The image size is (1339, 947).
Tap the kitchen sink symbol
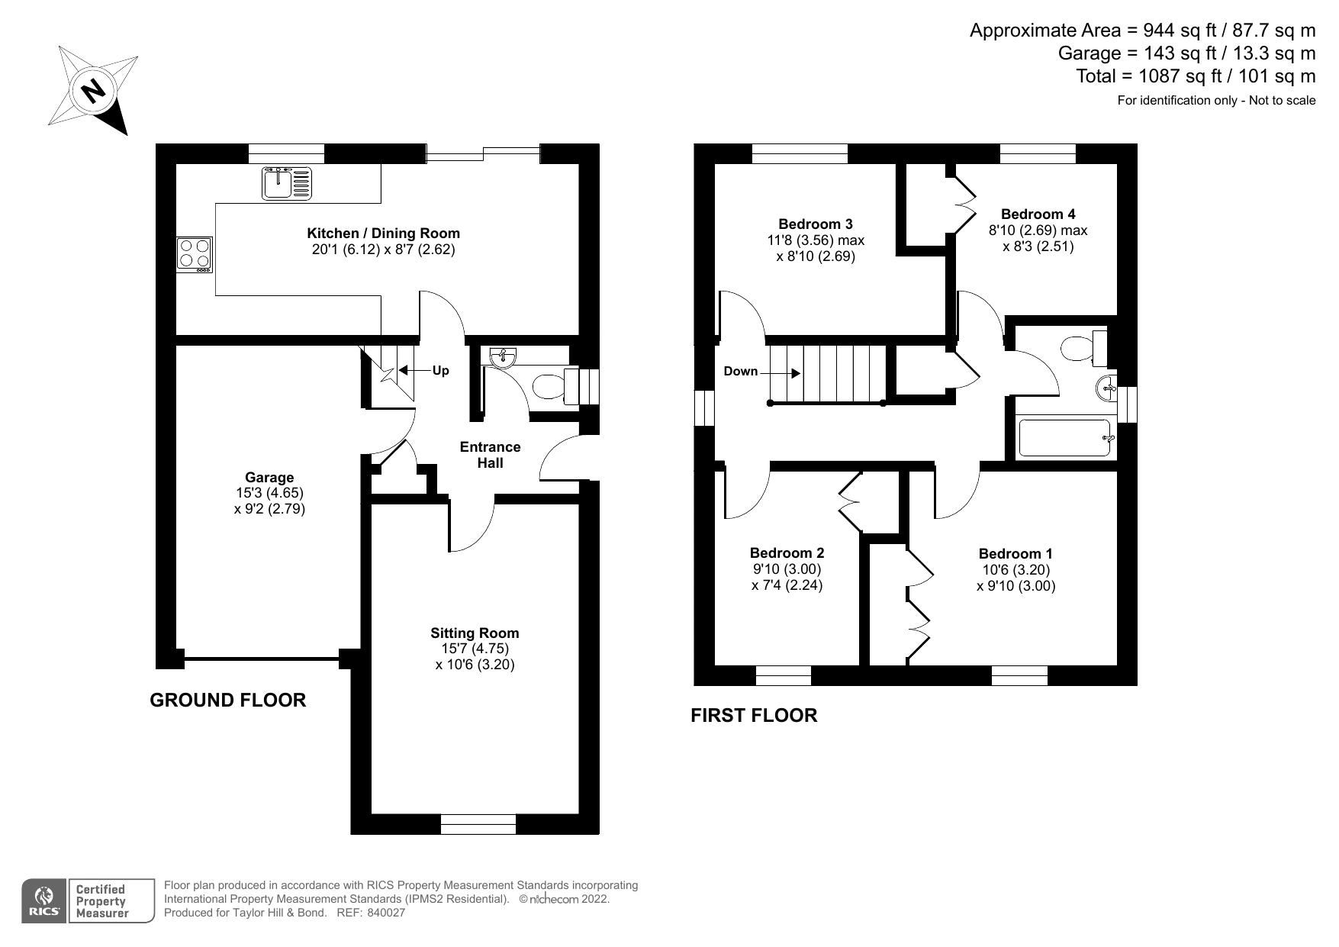coord(287,183)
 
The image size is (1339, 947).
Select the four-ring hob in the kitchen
coord(195,254)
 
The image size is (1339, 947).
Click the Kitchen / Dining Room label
coord(383,233)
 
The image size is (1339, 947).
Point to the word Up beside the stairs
coord(440,371)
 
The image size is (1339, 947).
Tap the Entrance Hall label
coord(490,455)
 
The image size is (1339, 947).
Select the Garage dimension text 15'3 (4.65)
coord(269,493)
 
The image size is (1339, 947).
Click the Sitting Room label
coord(474,633)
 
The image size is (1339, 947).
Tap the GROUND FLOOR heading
coord(227,700)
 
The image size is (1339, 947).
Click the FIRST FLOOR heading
coord(753,715)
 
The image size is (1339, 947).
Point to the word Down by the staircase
coord(740,372)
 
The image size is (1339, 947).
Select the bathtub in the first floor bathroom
coord(1064,438)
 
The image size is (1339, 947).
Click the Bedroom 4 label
coord(1038,214)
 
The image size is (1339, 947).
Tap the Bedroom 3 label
coord(815,224)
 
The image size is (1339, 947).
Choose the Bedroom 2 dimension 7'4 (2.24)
coord(787,585)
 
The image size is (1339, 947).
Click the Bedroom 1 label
coord(1015,553)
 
